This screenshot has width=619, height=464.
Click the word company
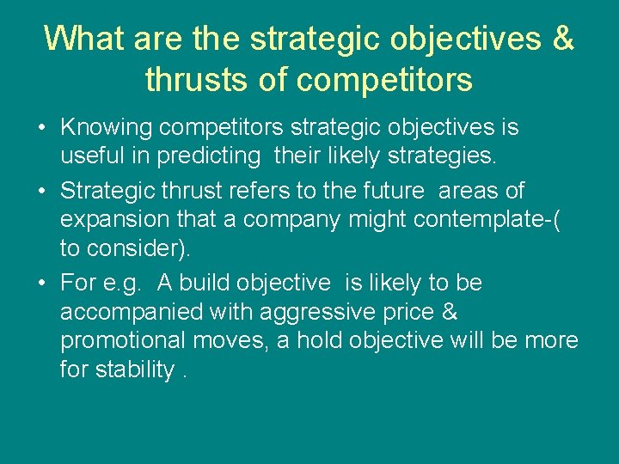point(292,220)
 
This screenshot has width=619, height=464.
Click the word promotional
point(122,341)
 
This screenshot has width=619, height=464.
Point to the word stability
point(134,370)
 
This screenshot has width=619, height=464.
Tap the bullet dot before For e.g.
point(42,283)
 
